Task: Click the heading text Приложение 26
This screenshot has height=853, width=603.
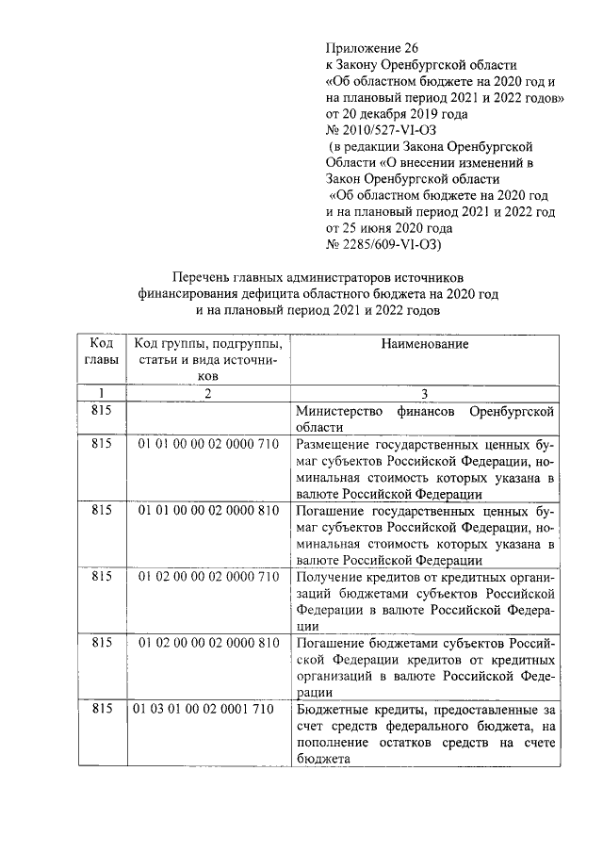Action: click(x=370, y=48)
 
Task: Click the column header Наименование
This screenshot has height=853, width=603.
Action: click(x=424, y=345)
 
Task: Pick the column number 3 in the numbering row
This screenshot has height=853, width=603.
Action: click(x=425, y=393)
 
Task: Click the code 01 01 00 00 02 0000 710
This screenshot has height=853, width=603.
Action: click(x=208, y=443)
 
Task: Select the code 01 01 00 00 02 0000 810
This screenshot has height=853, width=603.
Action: click(x=208, y=509)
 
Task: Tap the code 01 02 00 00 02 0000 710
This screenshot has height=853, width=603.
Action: click(x=208, y=576)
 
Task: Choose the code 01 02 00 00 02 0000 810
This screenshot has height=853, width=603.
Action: click(x=208, y=643)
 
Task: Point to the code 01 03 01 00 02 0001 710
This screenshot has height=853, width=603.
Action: click(x=205, y=709)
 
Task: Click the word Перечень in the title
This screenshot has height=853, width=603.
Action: click(x=201, y=278)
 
